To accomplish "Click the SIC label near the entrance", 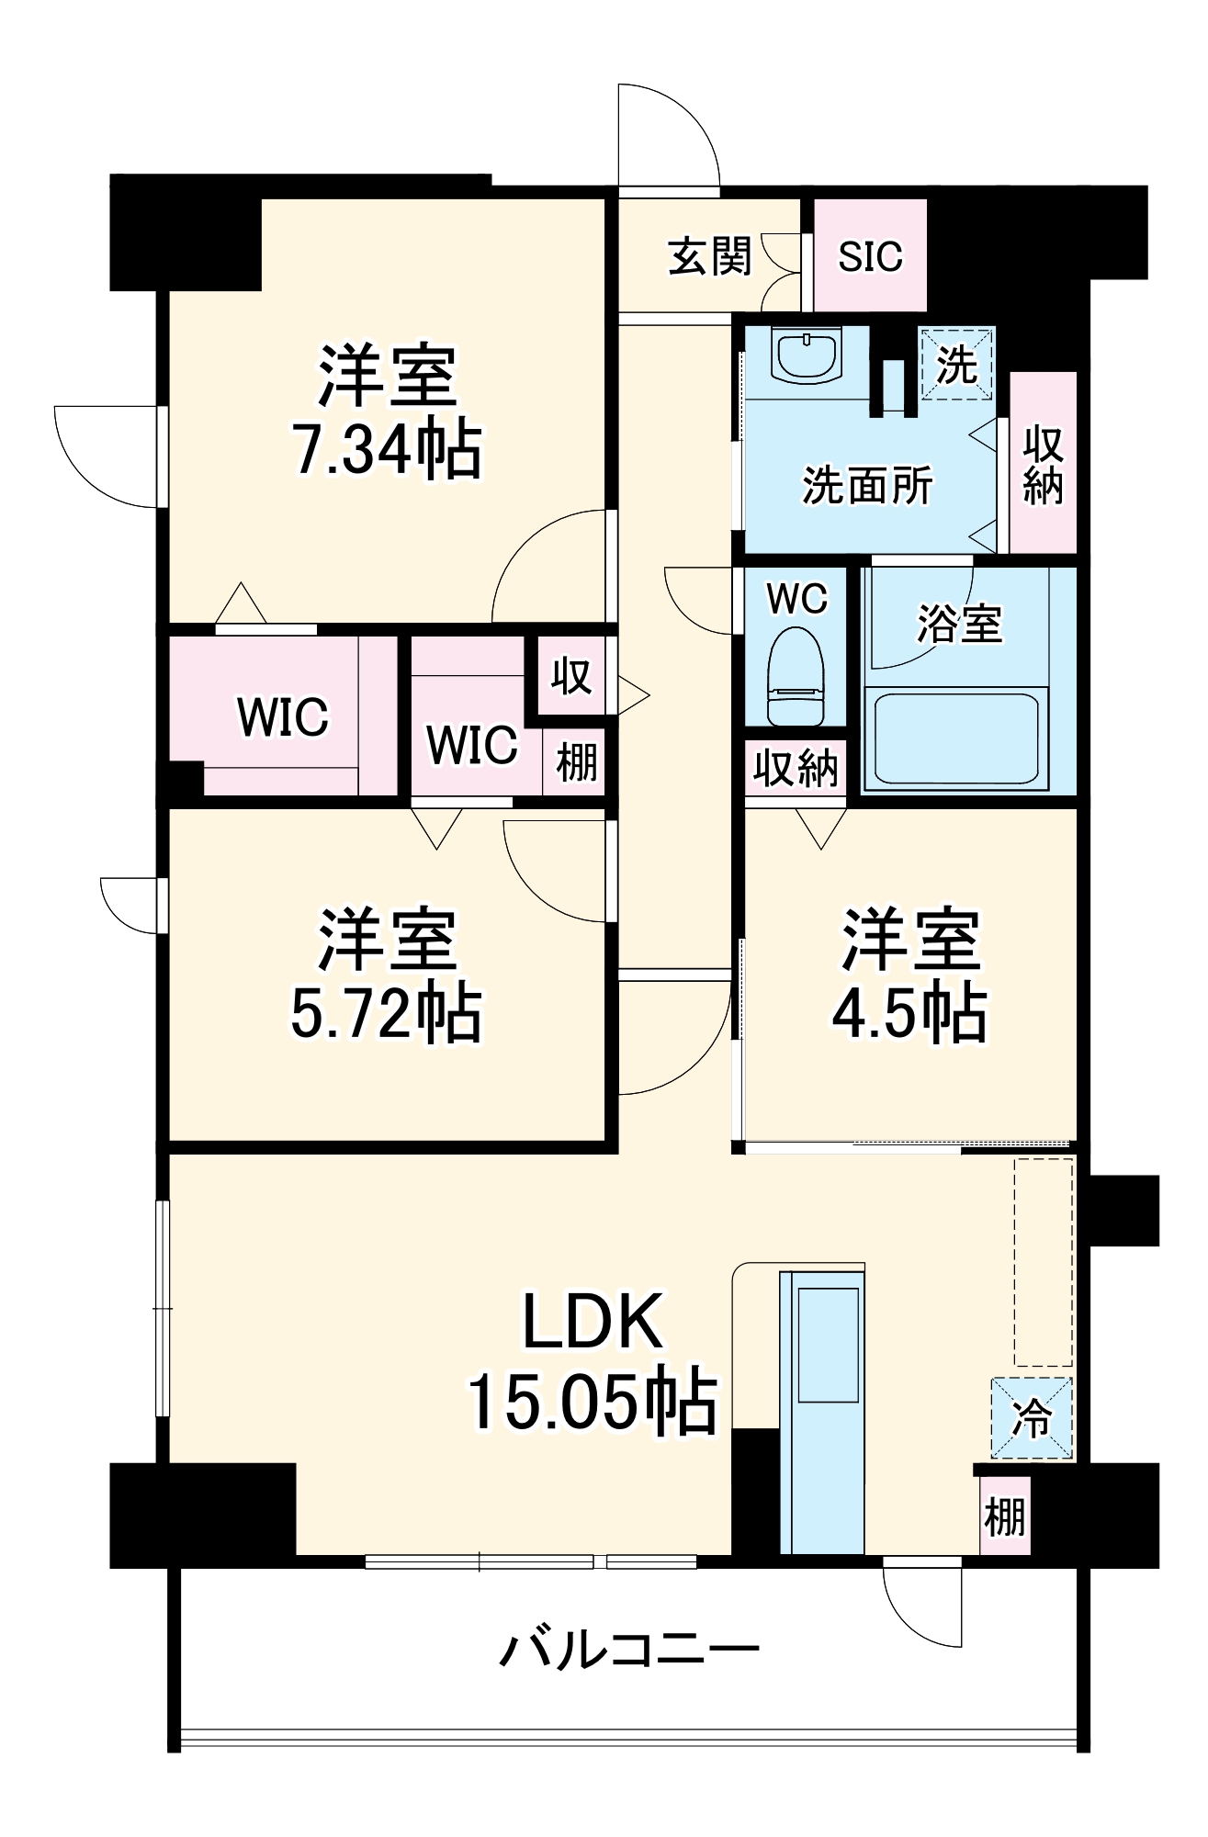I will (x=869, y=256).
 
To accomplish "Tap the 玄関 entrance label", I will (x=709, y=256).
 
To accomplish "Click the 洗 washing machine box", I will (x=956, y=365).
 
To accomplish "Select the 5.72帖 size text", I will (x=386, y=1013).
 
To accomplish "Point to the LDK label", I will (x=593, y=1322).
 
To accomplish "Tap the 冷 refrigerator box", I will (x=1031, y=1418).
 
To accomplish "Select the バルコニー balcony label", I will (x=629, y=1650).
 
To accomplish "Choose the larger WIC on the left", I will (x=282, y=716).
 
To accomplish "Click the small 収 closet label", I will (x=570, y=677).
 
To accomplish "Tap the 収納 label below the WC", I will (x=796, y=767).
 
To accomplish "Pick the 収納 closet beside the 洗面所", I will (x=1043, y=464).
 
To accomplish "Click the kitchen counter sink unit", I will (x=821, y=1410).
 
